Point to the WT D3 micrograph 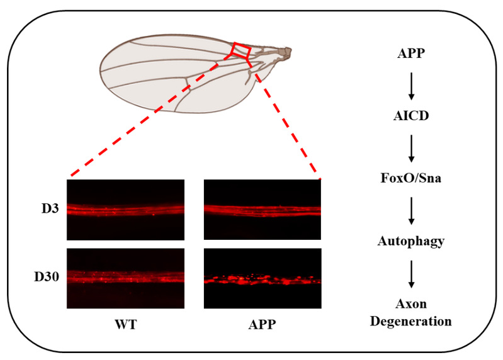coord(125,210)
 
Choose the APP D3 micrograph coord(262,210)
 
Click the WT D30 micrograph coord(125,278)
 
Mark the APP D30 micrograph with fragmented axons coord(262,278)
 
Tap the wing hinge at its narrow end coord(287,50)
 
